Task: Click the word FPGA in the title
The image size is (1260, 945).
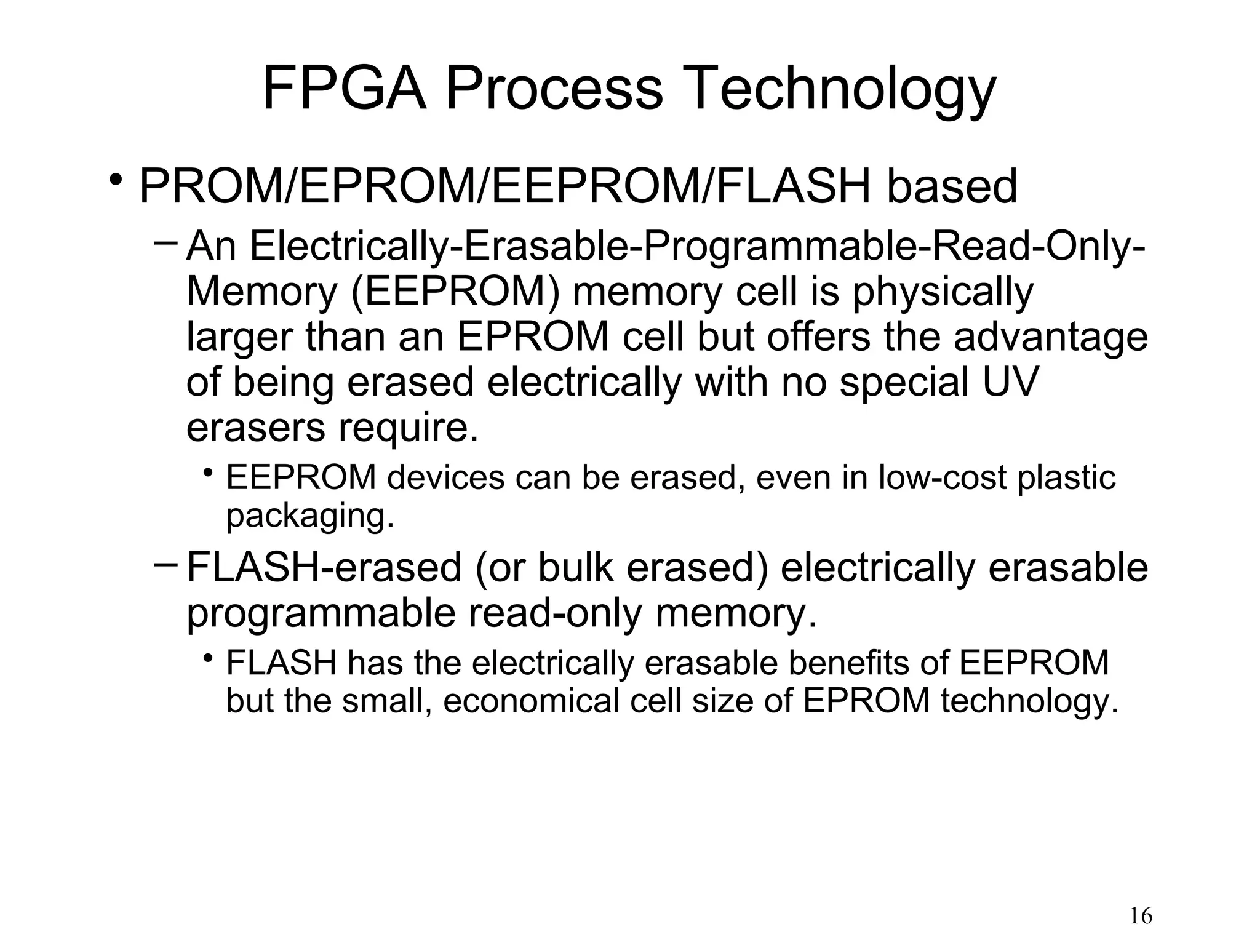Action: pos(344,89)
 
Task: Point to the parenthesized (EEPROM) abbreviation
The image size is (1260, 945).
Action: pos(455,292)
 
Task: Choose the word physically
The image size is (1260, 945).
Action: pos(943,293)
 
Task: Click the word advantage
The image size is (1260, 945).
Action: pos(1051,338)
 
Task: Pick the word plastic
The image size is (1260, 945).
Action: pos(1066,477)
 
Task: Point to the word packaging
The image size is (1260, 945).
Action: pos(309,516)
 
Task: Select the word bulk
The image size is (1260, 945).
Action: pos(575,567)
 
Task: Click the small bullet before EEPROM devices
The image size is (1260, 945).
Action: pos(209,472)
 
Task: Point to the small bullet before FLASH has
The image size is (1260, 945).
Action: pos(209,658)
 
